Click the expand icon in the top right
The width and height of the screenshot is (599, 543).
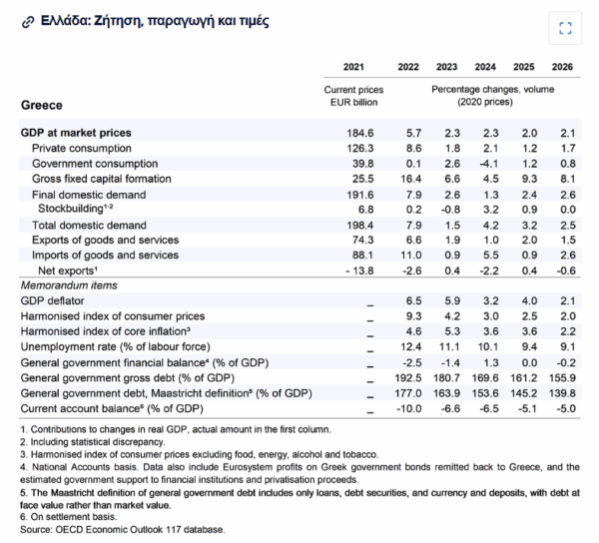pos(565,28)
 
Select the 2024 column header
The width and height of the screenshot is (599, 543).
pos(486,67)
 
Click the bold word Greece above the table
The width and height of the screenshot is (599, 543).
pos(41,105)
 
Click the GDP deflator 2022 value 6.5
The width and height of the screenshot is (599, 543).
pos(409,300)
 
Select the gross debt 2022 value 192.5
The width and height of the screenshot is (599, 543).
pos(403,378)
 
